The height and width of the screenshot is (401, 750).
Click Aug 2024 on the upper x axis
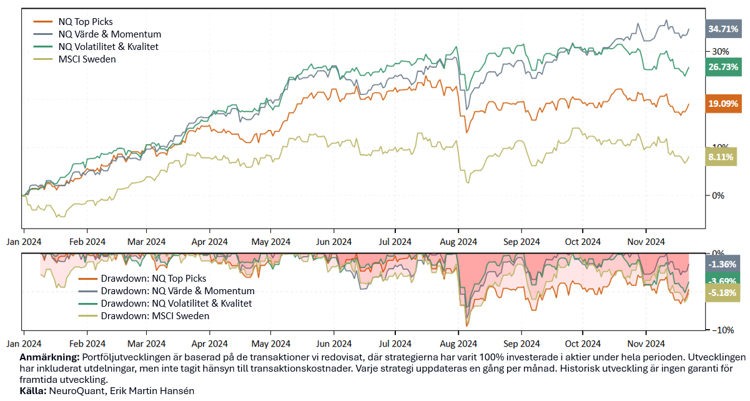coord(458,242)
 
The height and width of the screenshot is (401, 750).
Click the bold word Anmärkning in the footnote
coord(49,357)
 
